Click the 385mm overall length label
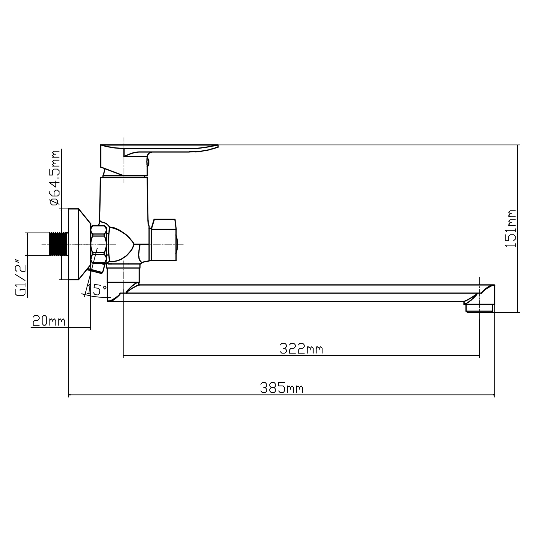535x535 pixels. point(282,388)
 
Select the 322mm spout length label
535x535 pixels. point(301,348)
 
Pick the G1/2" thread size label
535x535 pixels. point(21,278)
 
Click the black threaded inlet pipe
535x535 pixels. point(58,244)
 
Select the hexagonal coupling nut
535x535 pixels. point(99,244)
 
